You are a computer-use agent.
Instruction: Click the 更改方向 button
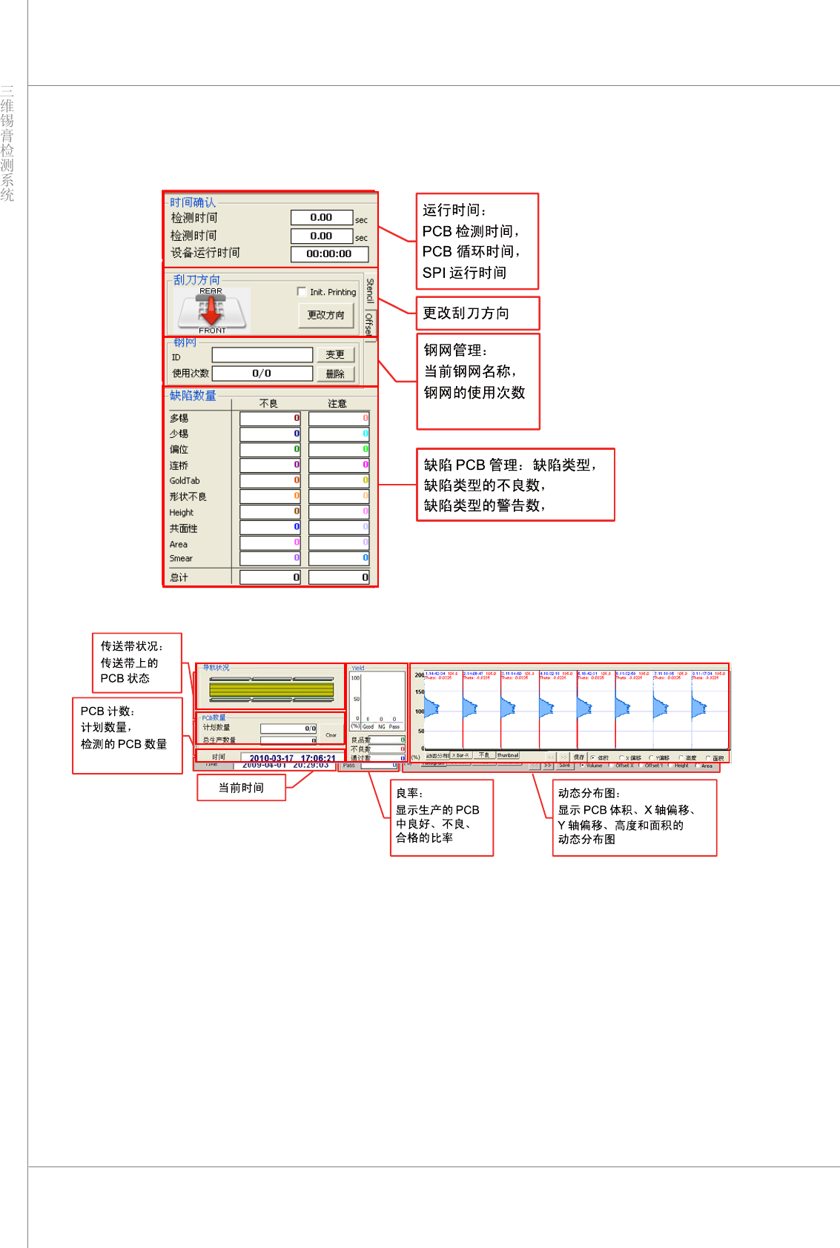[325, 315]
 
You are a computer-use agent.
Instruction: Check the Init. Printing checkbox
[302, 291]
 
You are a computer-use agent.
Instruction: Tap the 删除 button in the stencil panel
[335, 374]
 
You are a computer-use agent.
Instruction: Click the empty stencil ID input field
[262, 355]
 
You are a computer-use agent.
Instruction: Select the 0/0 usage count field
[262, 374]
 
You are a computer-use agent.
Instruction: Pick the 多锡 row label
[179, 419]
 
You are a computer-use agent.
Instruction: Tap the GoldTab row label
[185, 481]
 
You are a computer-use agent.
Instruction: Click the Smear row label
[181, 559]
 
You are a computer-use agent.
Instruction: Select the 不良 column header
[268, 404]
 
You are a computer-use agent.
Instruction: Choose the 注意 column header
[337, 404]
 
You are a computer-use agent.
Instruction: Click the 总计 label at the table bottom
[179, 577]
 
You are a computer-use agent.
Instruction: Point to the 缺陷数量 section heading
[193, 396]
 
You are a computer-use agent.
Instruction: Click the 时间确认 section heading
[192, 202]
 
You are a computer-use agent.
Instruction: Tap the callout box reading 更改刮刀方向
[477, 313]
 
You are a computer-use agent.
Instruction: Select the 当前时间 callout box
[241, 788]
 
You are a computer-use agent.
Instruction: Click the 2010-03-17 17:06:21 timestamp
[292, 758]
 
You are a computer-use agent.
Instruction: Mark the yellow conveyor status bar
[271, 689]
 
